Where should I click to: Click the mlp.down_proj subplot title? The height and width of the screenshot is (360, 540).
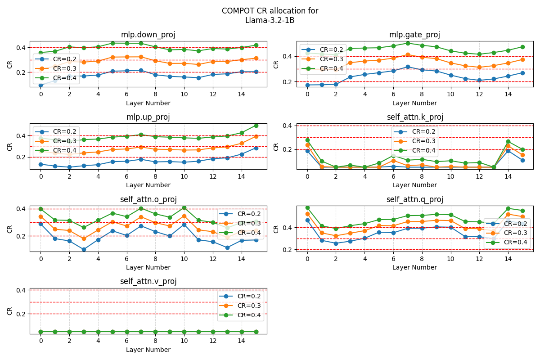(x=148, y=35)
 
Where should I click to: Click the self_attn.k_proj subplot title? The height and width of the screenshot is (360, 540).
(x=414, y=117)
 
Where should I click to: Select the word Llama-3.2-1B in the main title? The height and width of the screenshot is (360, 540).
(x=270, y=20)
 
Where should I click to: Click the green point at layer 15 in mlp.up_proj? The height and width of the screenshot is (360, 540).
(x=256, y=126)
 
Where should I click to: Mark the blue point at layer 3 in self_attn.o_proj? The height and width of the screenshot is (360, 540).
(x=84, y=249)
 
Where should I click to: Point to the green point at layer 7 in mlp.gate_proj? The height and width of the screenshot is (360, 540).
(x=408, y=43)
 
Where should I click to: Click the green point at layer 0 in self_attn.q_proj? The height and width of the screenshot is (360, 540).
(x=307, y=207)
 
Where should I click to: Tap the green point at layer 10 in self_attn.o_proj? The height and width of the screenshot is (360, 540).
(x=184, y=207)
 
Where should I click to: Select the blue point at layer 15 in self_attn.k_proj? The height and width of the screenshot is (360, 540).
(x=522, y=160)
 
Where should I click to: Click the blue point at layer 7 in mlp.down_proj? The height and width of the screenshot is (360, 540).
(x=141, y=70)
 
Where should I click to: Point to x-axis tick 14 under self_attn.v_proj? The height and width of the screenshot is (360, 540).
(x=241, y=341)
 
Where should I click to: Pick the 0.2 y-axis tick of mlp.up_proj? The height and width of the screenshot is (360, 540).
(x=20, y=157)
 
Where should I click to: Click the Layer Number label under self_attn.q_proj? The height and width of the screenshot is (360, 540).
(x=414, y=267)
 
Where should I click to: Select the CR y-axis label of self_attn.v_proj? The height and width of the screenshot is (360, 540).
(x=10, y=311)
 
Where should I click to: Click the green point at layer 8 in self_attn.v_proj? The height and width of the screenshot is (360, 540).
(x=155, y=332)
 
